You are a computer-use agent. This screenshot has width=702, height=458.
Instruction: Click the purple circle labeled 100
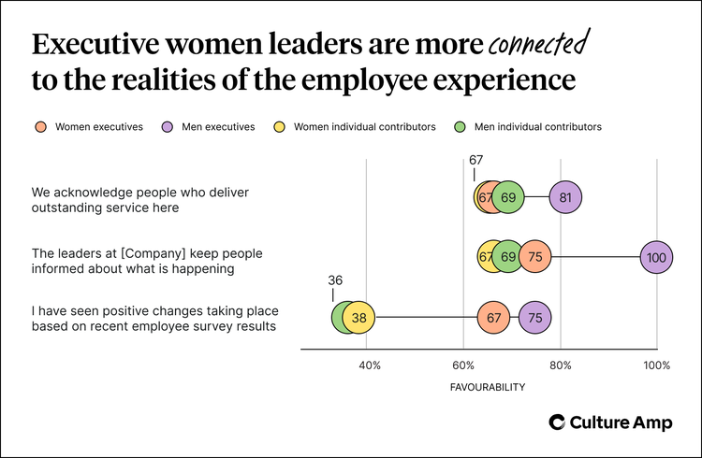click(656, 257)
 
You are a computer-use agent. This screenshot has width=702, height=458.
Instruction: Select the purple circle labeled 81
click(564, 197)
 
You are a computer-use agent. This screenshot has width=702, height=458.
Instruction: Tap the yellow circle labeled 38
click(358, 318)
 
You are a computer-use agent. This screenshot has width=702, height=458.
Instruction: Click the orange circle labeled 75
click(534, 257)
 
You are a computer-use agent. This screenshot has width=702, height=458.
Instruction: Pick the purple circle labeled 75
click(534, 318)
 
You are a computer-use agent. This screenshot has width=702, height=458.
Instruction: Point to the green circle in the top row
click(508, 197)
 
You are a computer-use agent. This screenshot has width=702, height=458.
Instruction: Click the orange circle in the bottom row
click(493, 318)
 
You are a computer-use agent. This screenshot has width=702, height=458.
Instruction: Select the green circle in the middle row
click(508, 257)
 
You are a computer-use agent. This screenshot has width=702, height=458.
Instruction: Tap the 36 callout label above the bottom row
click(335, 279)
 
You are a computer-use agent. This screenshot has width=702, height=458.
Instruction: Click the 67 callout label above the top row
click(475, 160)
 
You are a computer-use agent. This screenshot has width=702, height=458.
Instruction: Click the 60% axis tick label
click(463, 365)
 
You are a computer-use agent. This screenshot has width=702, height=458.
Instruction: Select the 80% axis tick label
click(560, 365)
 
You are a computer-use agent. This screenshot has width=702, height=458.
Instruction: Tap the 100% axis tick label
click(656, 365)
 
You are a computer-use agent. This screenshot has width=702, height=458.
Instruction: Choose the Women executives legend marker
click(40, 127)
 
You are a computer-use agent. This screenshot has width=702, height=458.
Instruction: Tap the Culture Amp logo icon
click(557, 422)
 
